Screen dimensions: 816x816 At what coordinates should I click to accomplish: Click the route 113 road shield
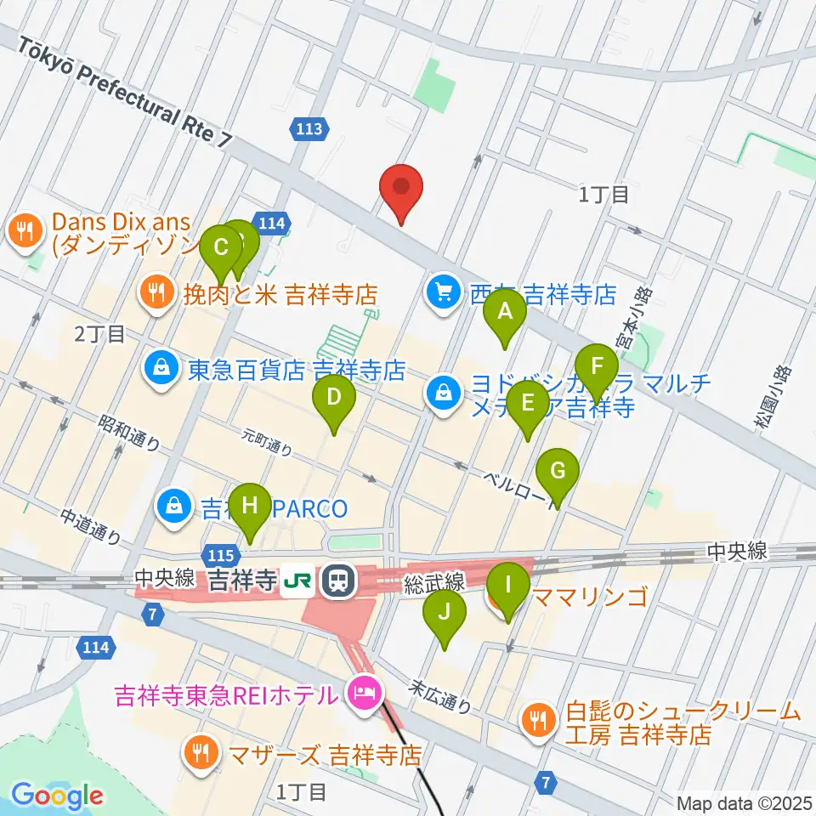point(309,129)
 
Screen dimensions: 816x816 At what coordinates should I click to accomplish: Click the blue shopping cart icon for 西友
point(443,294)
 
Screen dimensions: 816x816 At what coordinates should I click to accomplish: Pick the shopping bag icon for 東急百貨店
point(159,367)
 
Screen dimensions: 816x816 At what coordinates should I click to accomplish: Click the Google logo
point(57,796)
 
